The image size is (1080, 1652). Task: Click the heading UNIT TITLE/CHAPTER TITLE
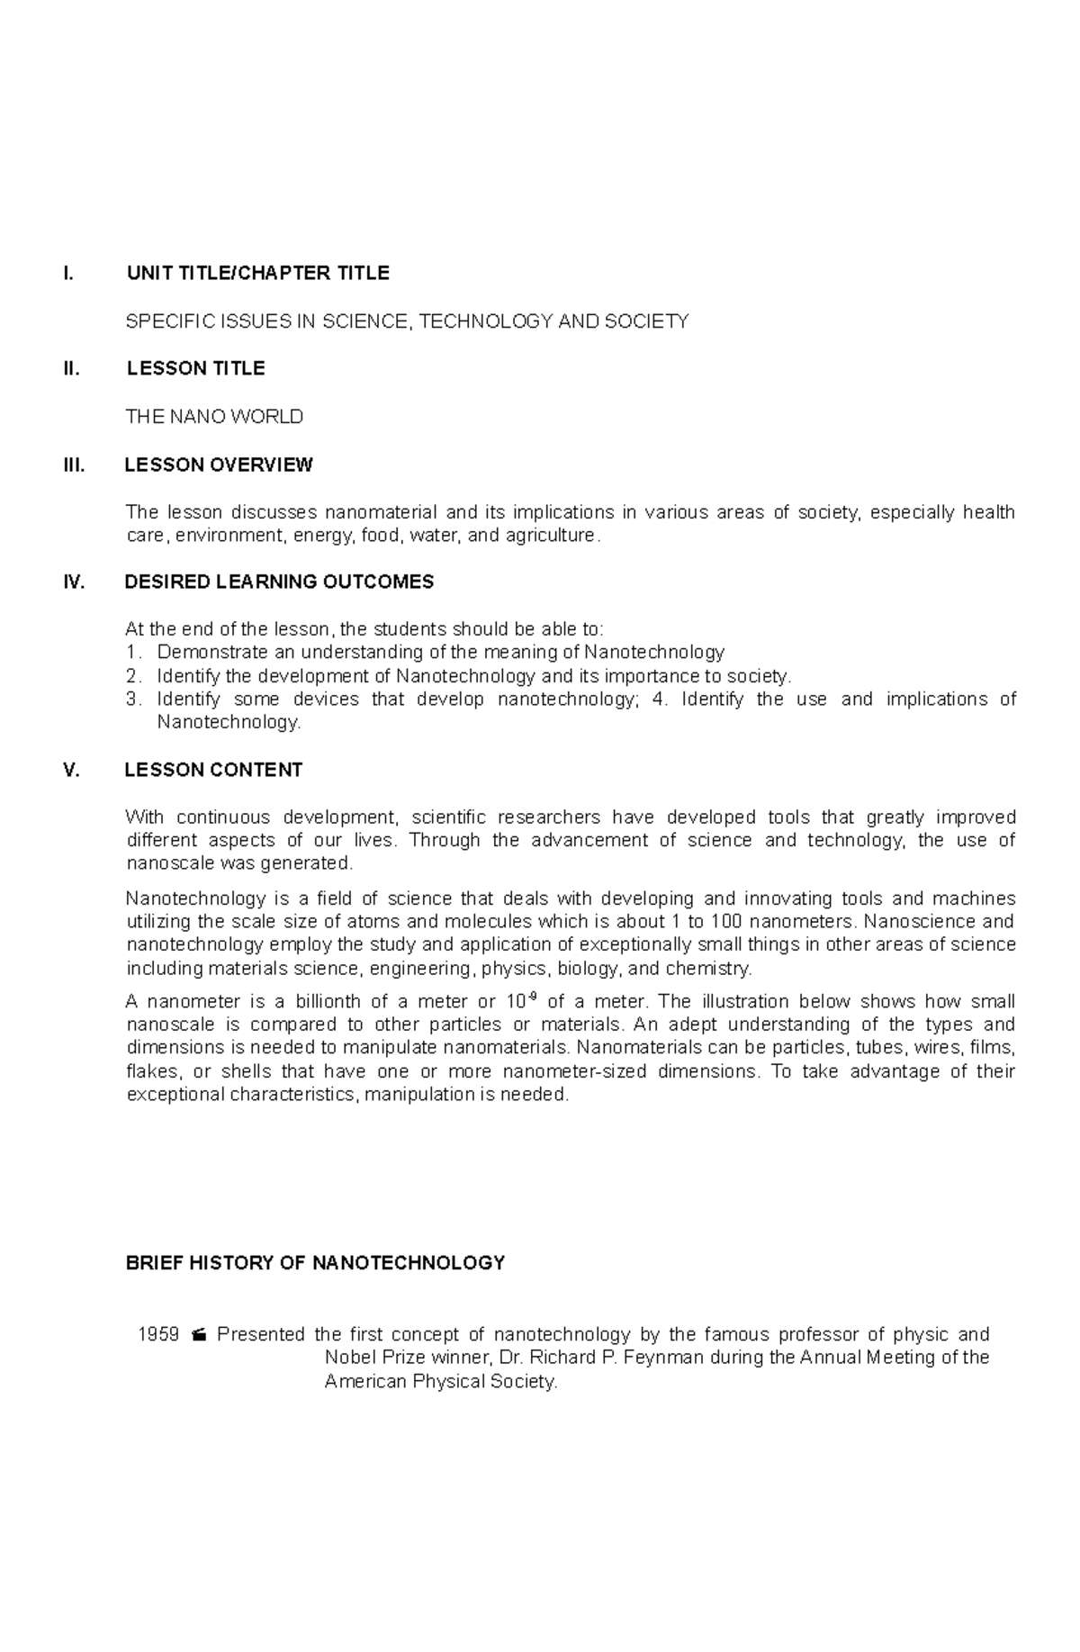point(257,274)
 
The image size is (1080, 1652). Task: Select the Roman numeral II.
point(71,369)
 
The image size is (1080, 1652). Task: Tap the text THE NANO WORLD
point(214,417)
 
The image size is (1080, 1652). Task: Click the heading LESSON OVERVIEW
point(218,465)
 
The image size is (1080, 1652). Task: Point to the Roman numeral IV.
point(74,582)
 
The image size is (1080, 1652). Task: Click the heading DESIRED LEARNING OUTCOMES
point(279,582)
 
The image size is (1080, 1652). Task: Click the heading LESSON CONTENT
point(213,771)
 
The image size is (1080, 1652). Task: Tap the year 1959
point(158,1335)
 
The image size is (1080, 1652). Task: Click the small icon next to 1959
point(199,1335)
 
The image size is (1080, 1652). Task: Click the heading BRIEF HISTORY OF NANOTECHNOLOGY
point(315,1263)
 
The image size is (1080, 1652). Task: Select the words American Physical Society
point(440,1382)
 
